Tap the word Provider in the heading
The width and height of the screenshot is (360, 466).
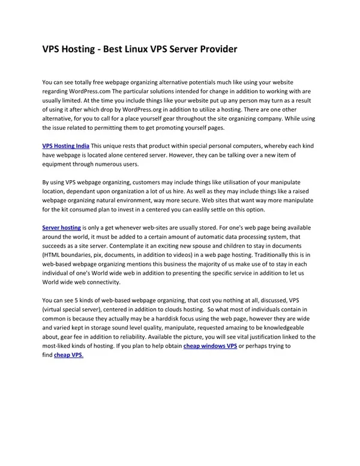click(x=215, y=49)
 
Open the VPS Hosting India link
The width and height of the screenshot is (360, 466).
click(x=66, y=146)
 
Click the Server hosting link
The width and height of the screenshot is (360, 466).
click(x=61, y=228)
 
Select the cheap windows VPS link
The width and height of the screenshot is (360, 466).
click(x=210, y=346)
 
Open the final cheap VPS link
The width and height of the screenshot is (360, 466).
click(x=68, y=355)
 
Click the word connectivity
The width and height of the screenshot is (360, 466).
click(x=98, y=282)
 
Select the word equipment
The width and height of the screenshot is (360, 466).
click(x=60, y=164)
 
